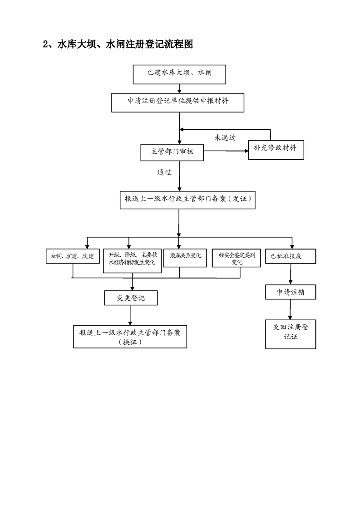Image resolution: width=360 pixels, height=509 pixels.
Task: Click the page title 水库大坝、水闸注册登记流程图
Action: tap(118, 44)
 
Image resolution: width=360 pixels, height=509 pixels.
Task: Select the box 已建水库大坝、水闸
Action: tap(179, 74)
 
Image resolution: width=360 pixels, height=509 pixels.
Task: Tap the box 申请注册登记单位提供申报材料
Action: tap(178, 103)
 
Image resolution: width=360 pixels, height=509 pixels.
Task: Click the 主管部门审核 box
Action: tap(172, 152)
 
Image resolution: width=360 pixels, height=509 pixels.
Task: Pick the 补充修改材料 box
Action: tap(276, 150)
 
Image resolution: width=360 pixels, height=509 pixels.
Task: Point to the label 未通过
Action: tap(225, 137)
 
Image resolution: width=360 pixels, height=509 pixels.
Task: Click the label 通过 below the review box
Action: tap(164, 172)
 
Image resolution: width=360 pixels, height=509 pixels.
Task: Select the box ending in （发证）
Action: tap(187, 200)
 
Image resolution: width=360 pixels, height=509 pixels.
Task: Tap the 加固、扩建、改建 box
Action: tap(73, 256)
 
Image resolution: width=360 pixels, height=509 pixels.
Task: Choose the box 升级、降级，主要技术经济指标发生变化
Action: tap(132, 261)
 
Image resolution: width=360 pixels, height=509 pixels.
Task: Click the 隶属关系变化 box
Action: tap(185, 258)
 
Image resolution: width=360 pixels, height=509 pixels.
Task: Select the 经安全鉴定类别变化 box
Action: tap(237, 258)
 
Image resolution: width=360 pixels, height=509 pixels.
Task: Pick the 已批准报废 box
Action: tap(291, 256)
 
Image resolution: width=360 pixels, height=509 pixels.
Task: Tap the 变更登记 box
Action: tap(131, 298)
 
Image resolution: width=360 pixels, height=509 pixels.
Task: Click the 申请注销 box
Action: tap(291, 292)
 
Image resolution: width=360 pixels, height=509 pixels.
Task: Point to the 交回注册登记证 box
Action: tap(291, 334)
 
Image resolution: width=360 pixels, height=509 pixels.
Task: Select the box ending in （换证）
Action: tap(130, 337)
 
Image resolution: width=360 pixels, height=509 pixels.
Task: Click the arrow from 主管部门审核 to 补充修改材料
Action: tap(226, 151)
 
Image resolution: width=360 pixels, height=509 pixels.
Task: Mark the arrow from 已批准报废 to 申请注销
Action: tap(291, 274)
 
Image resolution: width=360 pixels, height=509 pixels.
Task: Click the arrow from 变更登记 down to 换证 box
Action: tap(130, 315)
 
